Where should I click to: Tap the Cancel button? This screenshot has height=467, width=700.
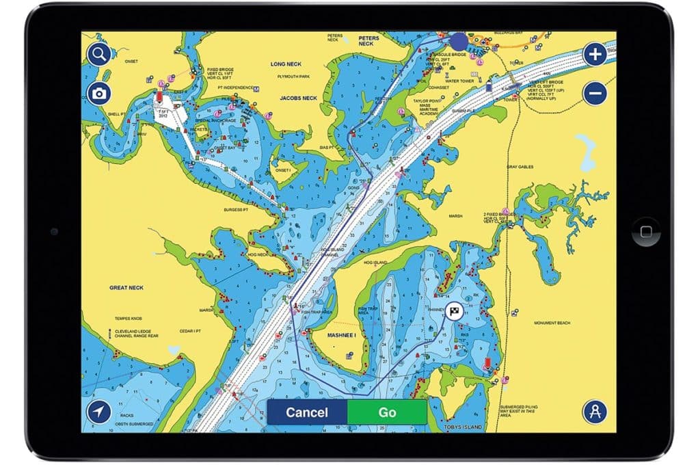click(307, 412)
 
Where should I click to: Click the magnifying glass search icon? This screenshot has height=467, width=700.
click(99, 55)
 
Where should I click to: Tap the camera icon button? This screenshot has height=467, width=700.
click(99, 94)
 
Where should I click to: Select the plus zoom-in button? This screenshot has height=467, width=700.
click(595, 55)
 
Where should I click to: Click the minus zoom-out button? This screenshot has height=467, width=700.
click(595, 93)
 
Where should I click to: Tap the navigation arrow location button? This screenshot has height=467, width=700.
click(99, 412)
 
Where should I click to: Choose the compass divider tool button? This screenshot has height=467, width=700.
click(595, 412)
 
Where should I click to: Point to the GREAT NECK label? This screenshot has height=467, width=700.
click(126, 288)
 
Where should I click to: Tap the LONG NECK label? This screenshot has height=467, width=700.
click(286, 64)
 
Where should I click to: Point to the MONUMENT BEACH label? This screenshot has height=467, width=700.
click(552, 323)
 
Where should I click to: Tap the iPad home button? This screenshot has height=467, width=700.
click(646, 232)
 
